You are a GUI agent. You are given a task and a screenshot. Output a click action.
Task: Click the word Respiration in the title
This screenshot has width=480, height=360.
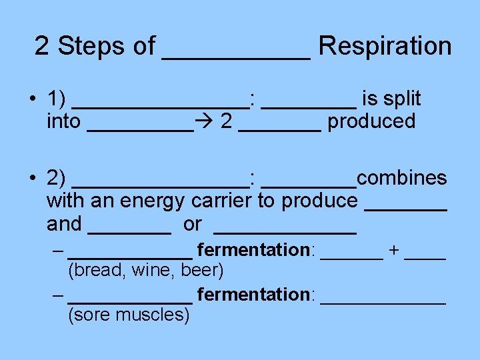pyautogui.click(x=385, y=46)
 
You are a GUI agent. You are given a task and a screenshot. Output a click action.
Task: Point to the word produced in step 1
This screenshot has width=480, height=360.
pyautogui.click(x=371, y=122)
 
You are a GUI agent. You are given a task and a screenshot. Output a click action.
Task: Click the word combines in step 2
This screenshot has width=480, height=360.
pyautogui.click(x=402, y=178)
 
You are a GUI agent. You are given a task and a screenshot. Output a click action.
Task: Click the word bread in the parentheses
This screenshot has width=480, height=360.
pyautogui.click(x=91, y=271)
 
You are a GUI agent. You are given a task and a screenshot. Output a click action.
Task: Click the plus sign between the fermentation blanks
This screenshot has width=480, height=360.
pyautogui.click(x=393, y=250)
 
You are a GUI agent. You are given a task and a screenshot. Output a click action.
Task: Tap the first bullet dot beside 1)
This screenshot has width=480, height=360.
pyautogui.click(x=31, y=100)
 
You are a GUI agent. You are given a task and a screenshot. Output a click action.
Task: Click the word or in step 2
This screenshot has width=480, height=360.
pyautogui.click(x=192, y=225)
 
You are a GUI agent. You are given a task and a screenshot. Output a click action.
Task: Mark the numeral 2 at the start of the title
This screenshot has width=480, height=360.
pyautogui.click(x=42, y=46)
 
